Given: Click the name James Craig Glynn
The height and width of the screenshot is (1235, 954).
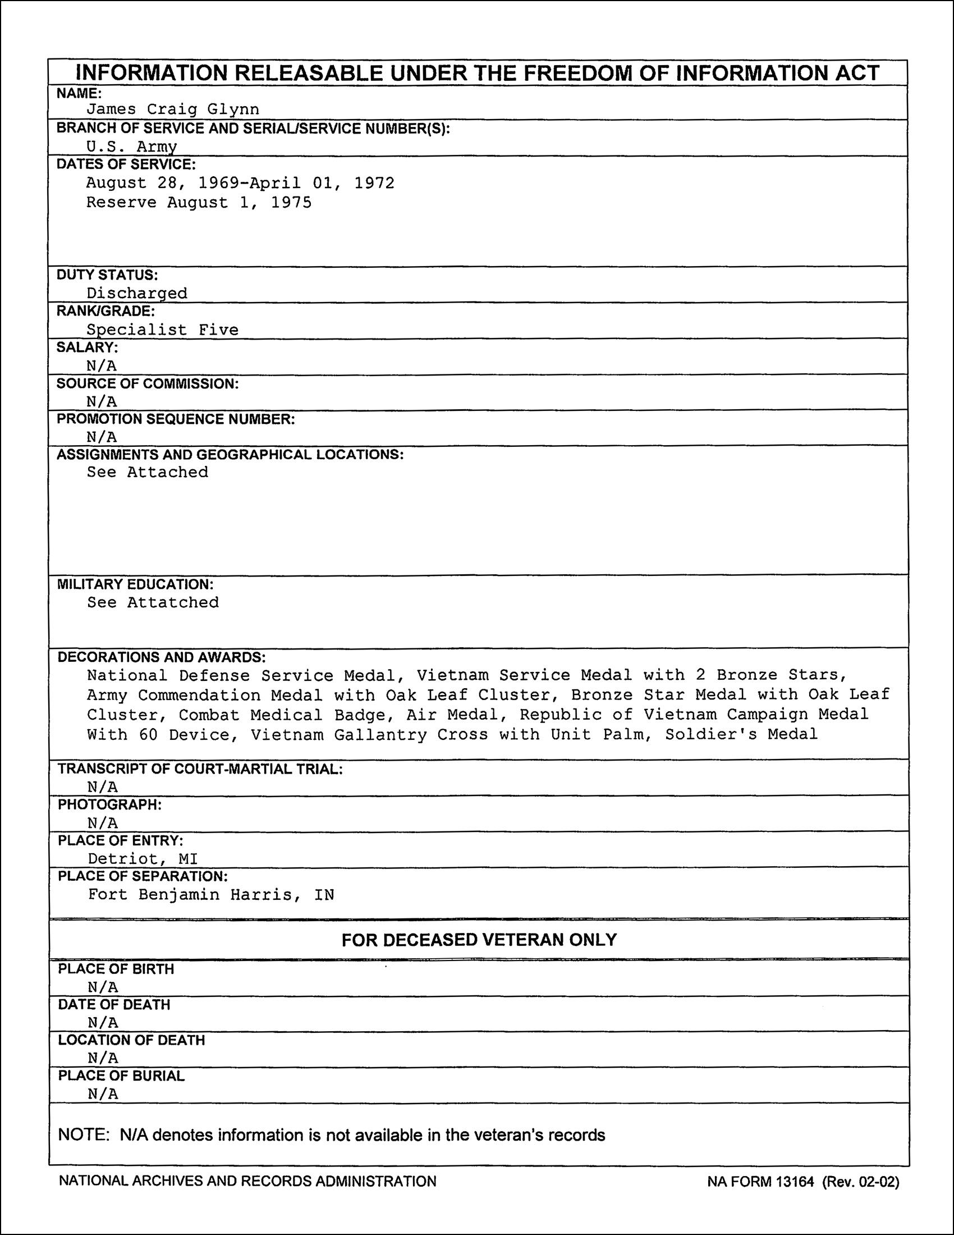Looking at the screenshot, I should click(x=172, y=109).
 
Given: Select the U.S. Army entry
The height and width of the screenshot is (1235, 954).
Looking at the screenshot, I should click(x=131, y=147).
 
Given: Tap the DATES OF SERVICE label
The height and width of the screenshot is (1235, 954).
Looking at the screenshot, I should click(x=126, y=164).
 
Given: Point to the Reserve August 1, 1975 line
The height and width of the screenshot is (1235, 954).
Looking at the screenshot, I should click(x=198, y=203).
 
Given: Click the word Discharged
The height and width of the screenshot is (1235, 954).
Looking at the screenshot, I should click(x=137, y=293).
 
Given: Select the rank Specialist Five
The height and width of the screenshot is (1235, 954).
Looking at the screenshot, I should click(x=162, y=330).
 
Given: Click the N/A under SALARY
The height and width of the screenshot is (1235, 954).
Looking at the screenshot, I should click(x=102, y=365).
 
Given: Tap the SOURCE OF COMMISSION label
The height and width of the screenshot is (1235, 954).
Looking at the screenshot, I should click(x=148, y=383).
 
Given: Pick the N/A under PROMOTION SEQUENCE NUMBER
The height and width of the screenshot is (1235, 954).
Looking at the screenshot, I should click(x=102, y=437).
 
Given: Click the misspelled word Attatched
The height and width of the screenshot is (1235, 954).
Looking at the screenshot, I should click(x=172, y=602).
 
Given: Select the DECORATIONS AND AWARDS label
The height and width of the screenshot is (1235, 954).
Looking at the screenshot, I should click(x=162, y=657).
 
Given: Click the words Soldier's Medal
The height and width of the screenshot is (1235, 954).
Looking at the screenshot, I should click(x=741, y=735).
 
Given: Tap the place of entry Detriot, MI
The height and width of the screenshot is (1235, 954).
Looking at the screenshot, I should click(x=143, y=859).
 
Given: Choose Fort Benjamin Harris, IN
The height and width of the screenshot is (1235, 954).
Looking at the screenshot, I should click(x=211, y=895).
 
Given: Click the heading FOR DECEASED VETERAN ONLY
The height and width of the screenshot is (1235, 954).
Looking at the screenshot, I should click(x=479, y=939).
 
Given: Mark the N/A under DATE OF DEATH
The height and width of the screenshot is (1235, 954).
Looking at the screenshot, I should click(x=103, y=1022).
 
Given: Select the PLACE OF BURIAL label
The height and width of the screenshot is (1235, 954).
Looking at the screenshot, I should click(x=122, y=1076).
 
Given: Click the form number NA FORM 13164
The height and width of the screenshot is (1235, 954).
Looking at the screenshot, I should click(x=760, y=1181).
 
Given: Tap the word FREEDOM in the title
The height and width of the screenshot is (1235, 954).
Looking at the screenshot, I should click(x=594, y=73).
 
